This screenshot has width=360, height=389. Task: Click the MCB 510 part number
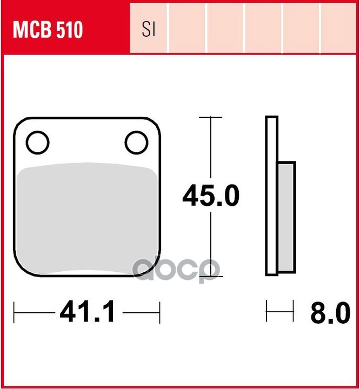click(48, 30)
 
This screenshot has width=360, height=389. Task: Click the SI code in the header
click(149, 29)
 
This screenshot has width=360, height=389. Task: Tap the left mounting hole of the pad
click(37, 143)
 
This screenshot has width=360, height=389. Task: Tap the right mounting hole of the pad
click(137, 143)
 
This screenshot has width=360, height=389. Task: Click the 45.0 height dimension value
click(211, 196)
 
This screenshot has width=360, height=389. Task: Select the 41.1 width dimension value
click(88, 311)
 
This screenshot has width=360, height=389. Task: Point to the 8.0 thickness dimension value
click(330, 313)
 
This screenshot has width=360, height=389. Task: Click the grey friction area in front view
click(87, 218)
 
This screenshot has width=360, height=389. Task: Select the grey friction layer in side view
click(286, 217)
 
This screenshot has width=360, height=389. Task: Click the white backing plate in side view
click(271, 196)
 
